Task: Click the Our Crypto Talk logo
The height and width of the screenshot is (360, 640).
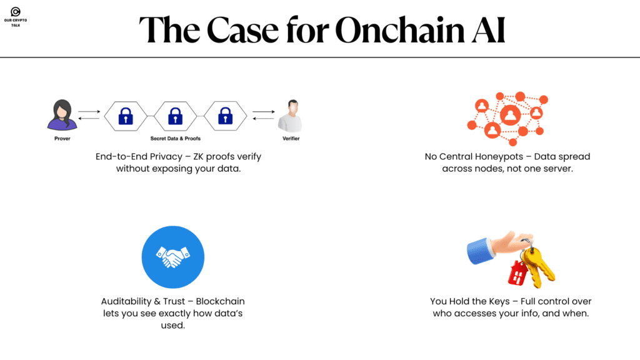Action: (x=16, y=12)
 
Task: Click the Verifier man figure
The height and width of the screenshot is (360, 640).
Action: (x=291, y=115)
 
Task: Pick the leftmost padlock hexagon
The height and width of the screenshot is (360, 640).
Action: (x=126, y=116)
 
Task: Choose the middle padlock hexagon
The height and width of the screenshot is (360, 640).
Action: (x=176, y=116)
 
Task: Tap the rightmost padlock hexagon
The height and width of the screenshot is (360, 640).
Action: (x=225, y=116)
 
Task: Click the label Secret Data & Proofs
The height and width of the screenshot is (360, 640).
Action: (x=176, y=138)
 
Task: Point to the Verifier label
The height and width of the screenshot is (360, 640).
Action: (x=291, y=138)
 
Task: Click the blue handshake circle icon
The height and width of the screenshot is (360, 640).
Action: (x=172, y=257)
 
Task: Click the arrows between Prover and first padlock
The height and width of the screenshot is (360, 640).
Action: (x=89, y=114)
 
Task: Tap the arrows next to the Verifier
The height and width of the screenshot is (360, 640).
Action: (x=263, y=114)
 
